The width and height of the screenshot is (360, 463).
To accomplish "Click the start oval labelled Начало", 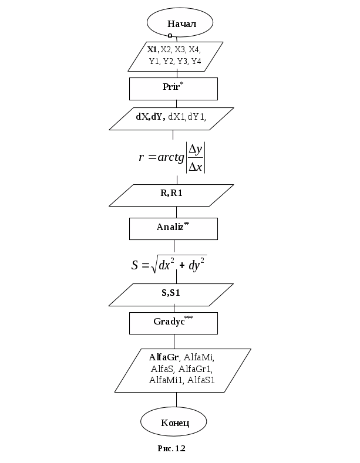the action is pos(180,24).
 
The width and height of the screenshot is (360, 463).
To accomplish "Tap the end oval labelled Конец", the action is pos(174,423).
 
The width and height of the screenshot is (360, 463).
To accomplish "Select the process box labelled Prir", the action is pos(173,89).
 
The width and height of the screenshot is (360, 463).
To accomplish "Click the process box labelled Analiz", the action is pos(173,228).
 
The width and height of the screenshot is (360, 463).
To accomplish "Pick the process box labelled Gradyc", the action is pos(173,323).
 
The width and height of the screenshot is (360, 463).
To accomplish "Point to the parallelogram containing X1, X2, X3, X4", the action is pos(175,57).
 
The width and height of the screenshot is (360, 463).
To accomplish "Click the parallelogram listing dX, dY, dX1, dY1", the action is pos(171,119).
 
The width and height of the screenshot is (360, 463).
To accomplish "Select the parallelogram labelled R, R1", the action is pos(171,195).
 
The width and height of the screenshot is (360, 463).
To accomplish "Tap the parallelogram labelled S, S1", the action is pos(171,295).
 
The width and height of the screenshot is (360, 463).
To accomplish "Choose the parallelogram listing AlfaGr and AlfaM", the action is pos(182,370).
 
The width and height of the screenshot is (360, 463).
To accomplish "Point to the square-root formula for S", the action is pos(169,264).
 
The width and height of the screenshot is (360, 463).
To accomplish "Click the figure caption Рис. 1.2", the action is pos(171,449).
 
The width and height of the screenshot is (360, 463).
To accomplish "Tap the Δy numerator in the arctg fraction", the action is pos(196,149).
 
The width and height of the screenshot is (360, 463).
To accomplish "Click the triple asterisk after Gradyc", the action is pos(189,317).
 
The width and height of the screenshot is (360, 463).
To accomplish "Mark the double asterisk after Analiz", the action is pos(187,224).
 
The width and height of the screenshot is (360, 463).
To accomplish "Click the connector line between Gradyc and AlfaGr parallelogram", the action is pos(174,342).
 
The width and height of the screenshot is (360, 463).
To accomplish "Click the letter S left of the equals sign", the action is pos(136,265).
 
